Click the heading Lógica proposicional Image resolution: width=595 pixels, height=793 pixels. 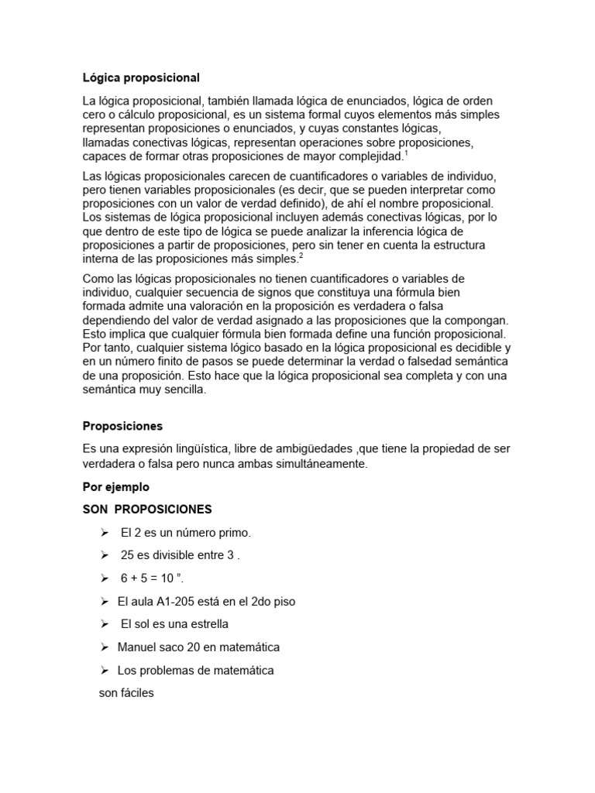(x=141, y=77)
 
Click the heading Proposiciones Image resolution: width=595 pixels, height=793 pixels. (x=122, y=426)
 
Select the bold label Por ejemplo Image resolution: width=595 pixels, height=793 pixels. (x=115, y=487)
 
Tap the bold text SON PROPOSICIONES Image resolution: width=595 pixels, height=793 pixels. (x=147, y=510)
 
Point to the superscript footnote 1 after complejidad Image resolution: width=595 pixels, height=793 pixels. (x=407, y=153)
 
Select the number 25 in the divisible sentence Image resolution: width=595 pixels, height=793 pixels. (x=128, y=555)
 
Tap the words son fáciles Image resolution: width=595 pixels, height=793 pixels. (x=126, y=693)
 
